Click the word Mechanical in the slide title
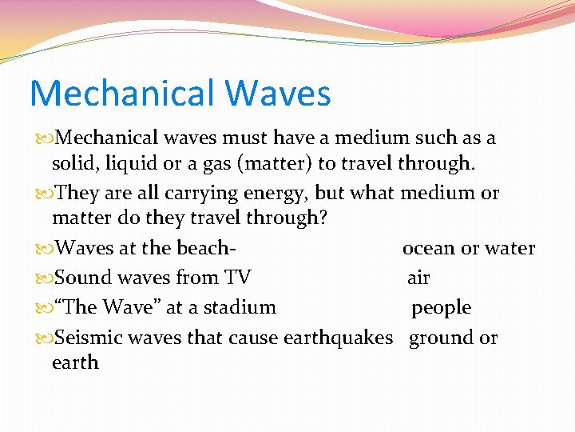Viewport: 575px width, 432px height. tap(121, 94)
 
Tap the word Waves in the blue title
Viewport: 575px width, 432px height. tap(277, 94)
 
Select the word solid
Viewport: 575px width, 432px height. tap(71, 164)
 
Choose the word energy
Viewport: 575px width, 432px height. tap(274, 194)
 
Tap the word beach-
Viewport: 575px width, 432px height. tap(207, 248)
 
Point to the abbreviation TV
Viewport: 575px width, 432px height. tap(238, 278)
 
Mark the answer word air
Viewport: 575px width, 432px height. tap(418, 278)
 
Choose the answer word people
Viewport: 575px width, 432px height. tap(441, 308)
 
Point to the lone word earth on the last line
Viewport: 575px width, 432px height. tap(75, 362)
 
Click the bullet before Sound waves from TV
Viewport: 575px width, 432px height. tap(44, 278)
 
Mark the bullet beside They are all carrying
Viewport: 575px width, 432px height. tap(44, 194)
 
